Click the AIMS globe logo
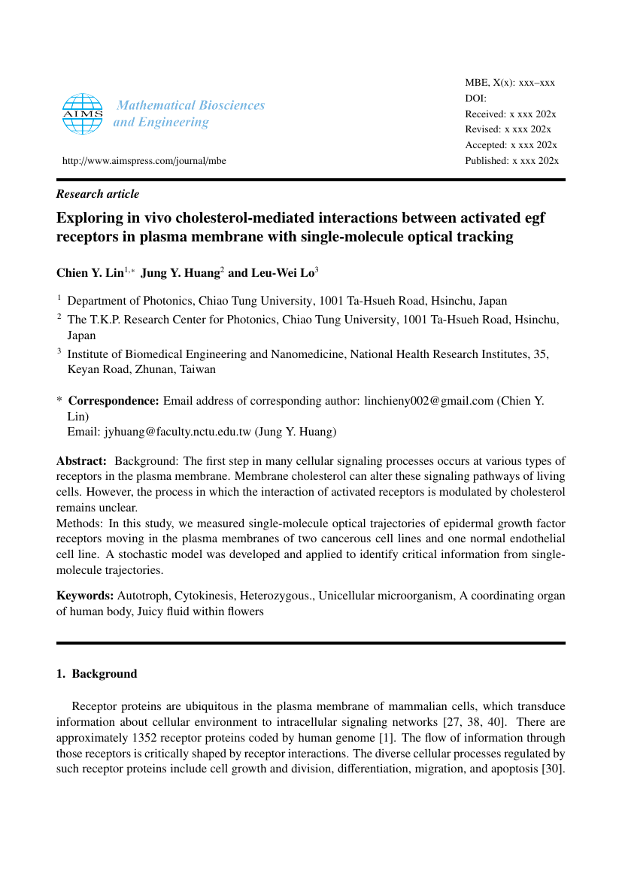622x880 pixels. (82, 114)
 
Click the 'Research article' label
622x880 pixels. (98, 194)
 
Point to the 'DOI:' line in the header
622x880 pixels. (476, 99)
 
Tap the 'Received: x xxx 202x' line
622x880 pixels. (511, 114)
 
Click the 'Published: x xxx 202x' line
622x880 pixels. (511, 161)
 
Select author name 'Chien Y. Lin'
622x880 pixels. (90, 272)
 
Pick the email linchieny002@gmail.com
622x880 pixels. (429, 401)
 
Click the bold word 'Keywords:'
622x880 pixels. (84, 596)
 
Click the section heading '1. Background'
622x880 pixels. (97, 674)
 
